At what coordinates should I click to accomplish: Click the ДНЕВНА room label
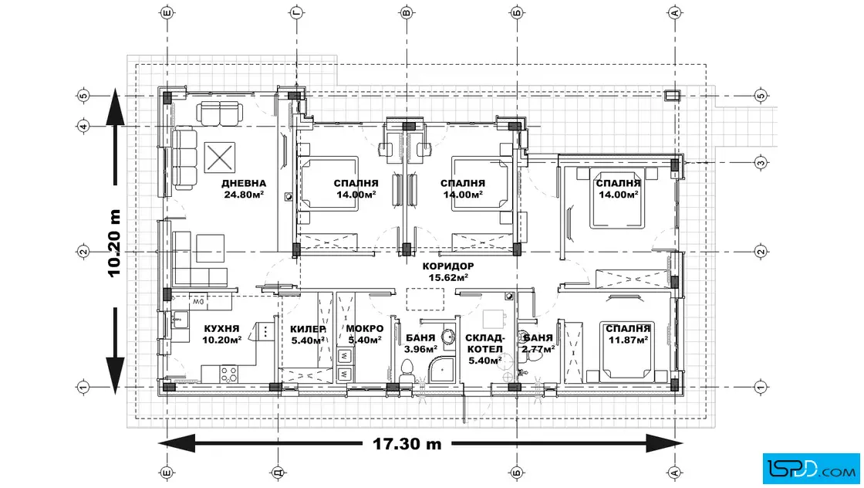244,183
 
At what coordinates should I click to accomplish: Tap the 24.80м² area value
244,194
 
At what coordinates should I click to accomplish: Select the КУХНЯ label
221,329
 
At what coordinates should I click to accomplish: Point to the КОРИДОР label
448,266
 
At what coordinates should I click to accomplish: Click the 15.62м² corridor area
448,277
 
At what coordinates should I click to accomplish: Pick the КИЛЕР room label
308,329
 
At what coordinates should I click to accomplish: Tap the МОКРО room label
365,329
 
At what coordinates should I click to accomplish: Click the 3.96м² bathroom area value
420,348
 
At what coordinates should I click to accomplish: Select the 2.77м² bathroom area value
538,348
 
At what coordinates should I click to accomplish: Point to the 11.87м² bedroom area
628,341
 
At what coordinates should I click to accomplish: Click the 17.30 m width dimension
407,444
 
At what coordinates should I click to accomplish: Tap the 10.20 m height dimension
114,242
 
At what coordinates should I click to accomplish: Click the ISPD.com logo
811,469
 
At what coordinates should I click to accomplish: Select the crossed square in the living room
220,158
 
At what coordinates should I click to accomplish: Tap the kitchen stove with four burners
229,374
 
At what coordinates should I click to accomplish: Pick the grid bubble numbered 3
761,163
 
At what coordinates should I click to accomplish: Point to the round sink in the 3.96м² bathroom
448,337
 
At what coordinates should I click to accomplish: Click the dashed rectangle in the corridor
425,300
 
